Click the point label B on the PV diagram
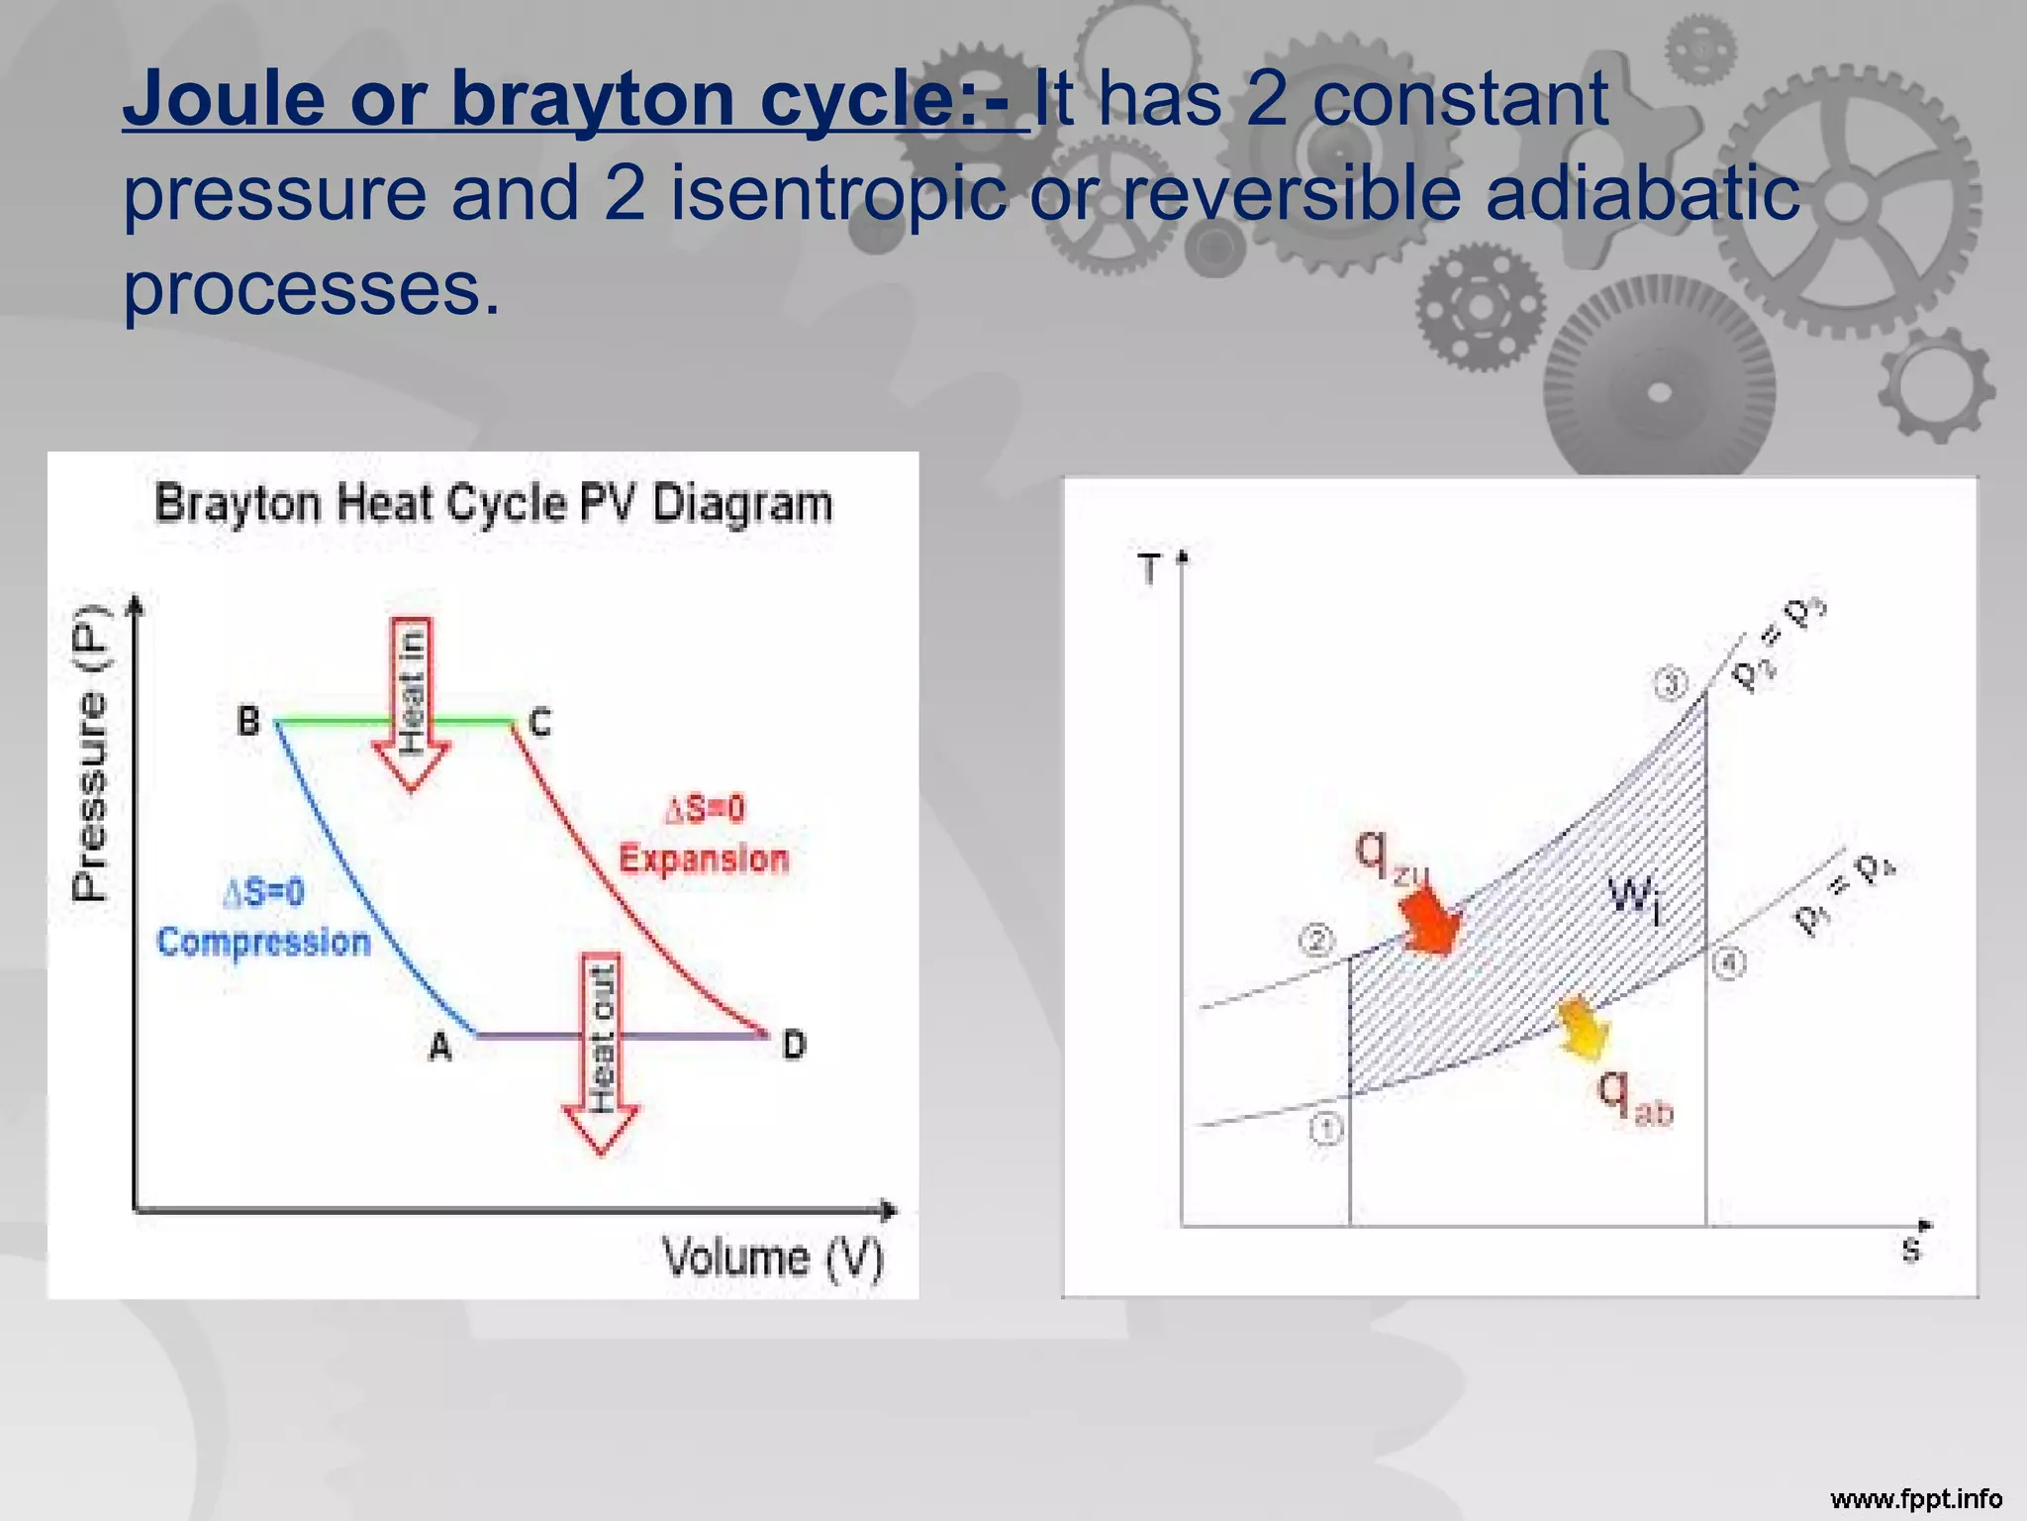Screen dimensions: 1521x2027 coord(248,720)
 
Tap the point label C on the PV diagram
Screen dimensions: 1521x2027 coord(539,722)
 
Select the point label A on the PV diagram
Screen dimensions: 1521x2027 coord(440,1046)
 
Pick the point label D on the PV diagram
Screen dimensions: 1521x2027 coord(794,1045)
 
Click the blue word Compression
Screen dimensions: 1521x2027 coord(263,942)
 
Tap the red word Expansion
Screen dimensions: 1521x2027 coord(704,859)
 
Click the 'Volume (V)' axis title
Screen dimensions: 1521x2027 coord(773,1258)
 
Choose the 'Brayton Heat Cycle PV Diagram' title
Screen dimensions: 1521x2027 coord(493,503)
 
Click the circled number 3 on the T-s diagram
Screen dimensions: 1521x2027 coord(1672,684)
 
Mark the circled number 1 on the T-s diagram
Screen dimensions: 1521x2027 coord(1326,1129)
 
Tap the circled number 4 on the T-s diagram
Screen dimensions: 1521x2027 coord(1729,963)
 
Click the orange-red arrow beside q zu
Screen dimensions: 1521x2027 coord(1429,920)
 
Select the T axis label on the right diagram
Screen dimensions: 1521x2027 coord(1149,569)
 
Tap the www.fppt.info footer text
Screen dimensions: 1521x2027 coord(1916,1498)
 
